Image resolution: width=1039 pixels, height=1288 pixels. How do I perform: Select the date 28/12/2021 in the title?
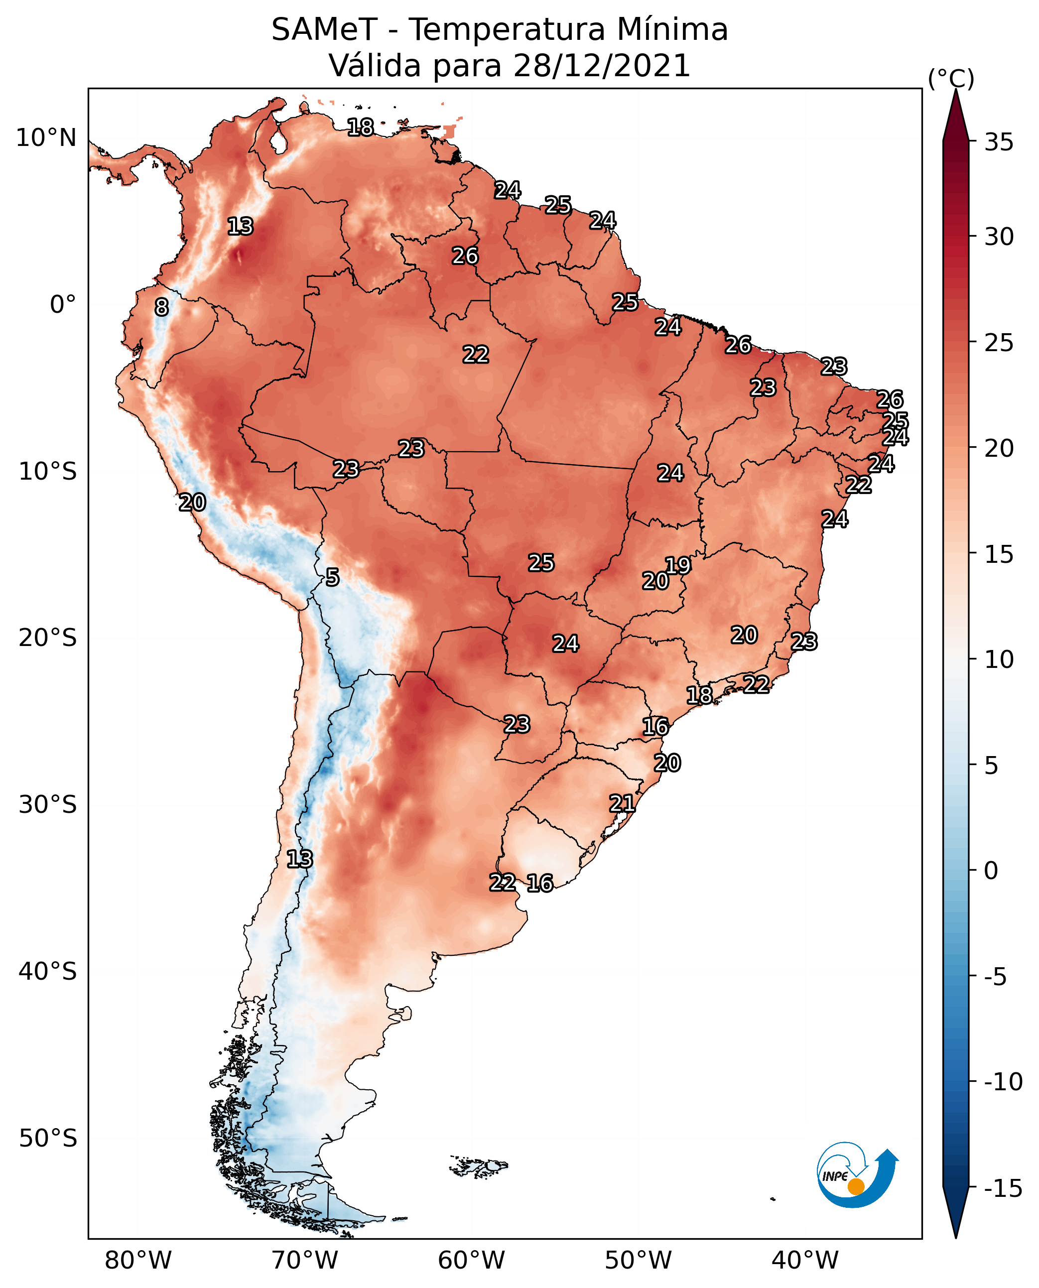pos(602,65)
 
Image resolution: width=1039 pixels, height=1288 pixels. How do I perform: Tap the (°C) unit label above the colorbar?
pos(951,79)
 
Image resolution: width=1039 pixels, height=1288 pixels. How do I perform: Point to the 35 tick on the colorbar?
pos(999,142)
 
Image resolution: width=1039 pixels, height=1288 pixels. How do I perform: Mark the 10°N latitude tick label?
pos(46,138)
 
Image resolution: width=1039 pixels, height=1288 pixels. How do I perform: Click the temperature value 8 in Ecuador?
pos(161,308)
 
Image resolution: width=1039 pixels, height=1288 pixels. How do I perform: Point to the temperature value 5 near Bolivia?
pos(332,578)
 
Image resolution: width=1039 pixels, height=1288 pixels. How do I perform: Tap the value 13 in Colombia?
pos(241,227)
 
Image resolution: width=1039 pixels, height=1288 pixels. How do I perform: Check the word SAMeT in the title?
pos(324,30)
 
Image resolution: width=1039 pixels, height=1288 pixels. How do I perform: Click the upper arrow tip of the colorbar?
pos(956,90)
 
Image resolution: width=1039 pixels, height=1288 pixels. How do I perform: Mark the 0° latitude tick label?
pos(63,305)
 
